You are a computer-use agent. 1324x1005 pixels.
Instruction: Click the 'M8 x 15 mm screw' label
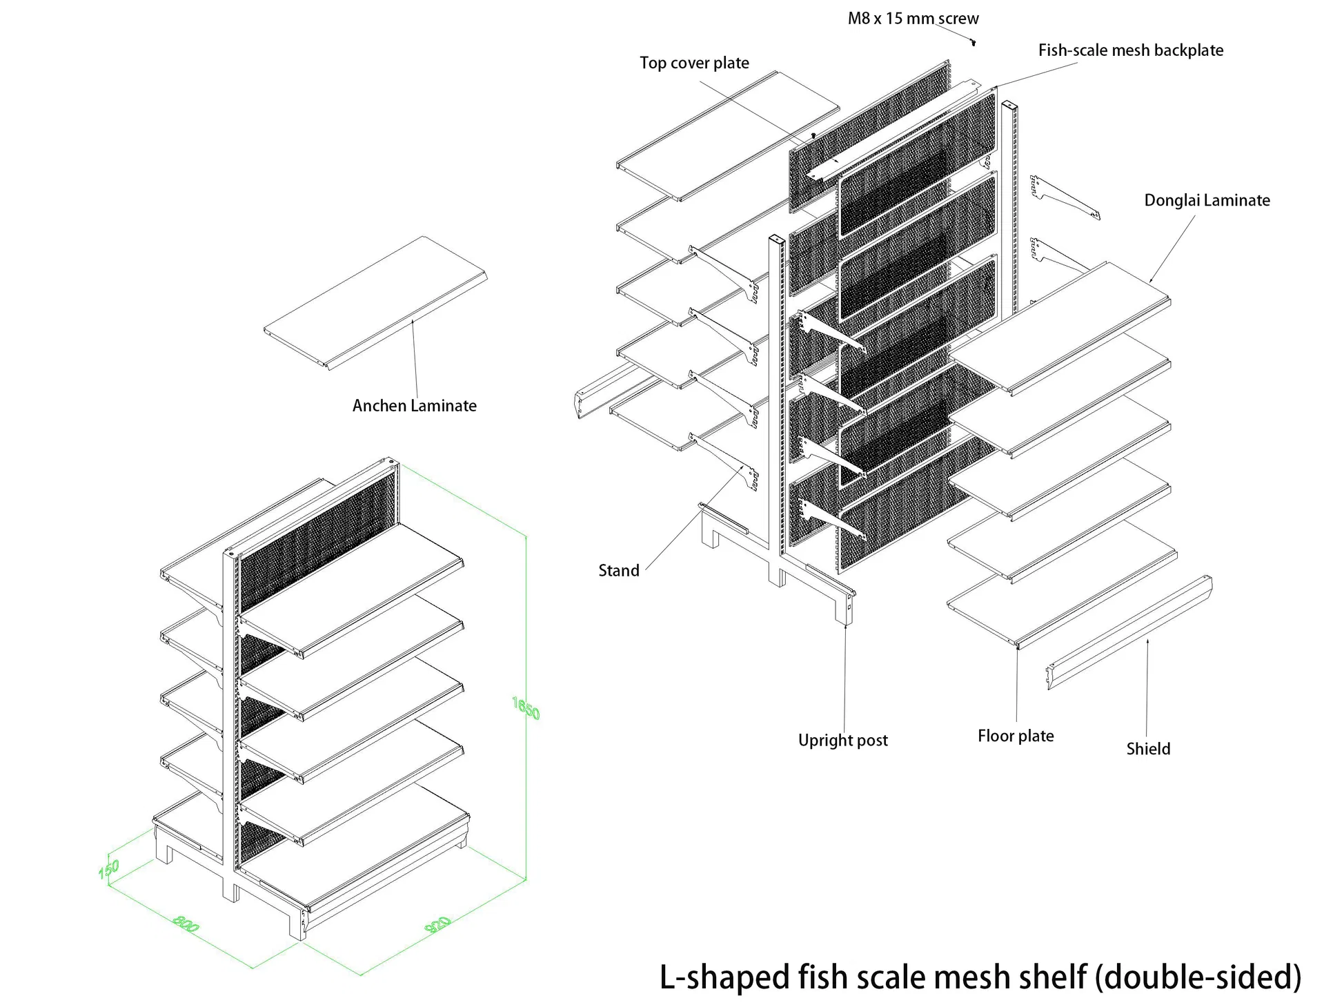coord(913,19)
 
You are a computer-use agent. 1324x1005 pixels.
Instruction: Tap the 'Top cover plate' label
coord(694,64)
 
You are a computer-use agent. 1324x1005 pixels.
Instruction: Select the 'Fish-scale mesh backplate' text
coord(1130,50)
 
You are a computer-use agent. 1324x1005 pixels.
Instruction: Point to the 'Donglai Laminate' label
coord(1207,201)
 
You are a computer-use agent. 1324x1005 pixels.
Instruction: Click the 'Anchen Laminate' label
coord(414,406)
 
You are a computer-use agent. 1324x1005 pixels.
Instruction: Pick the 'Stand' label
coord(618,571)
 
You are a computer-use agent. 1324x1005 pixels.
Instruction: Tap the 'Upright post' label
coord(842,741)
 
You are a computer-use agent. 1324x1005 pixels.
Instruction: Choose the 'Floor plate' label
coord(1016,736)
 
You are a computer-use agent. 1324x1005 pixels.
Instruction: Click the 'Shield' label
coord(1148,749)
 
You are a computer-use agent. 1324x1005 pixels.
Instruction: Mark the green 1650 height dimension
coord(526,708)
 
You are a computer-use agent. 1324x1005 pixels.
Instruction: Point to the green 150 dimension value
coord(109,869)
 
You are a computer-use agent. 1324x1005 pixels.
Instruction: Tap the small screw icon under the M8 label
coord(973,43)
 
